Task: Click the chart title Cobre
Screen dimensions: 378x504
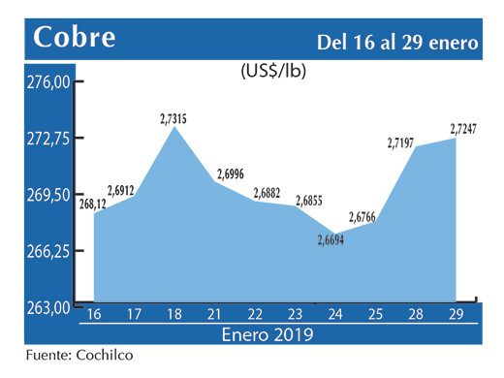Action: point(75,38)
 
